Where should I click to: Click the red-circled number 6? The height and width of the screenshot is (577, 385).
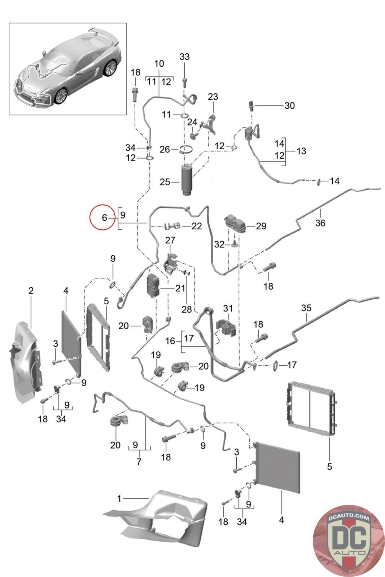(x=104, y=217)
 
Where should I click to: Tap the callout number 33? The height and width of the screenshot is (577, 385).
(x=184, y=57)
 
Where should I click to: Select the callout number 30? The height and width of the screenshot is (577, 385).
(x=289, y=106)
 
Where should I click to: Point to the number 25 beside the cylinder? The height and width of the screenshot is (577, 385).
(x=165, y=182)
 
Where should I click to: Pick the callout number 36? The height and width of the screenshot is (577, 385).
(x=320, y=223)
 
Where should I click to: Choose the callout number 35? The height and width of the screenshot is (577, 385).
(x=306, y=308)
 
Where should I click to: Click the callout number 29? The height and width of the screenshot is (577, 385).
(x=261, y=226)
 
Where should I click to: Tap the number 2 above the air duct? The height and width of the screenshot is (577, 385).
(x=31, y=290)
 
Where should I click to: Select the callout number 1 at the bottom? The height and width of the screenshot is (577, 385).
(x=119, y=499)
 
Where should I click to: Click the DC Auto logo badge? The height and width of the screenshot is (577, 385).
(x=349, y=540)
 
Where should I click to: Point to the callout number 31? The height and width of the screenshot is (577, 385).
(x=228, y=308)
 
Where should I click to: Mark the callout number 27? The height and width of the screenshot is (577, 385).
(x=170, y=240)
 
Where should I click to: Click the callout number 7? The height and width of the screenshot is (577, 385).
(x=139, y=462)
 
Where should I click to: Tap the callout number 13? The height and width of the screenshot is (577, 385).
(x=301, y=151)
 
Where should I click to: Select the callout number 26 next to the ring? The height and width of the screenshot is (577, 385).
(x=165, y=149)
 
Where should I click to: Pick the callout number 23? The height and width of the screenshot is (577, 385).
(x=213, y=97)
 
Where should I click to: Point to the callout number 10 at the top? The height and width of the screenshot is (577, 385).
(x=159, y=64)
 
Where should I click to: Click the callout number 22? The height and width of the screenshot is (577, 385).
(x=197, y=226)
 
